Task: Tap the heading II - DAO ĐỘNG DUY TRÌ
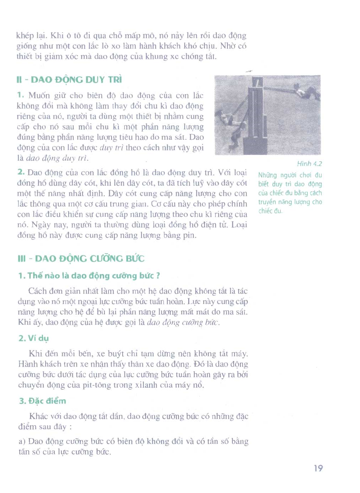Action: [69, 80]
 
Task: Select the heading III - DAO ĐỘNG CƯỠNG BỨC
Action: [81, 258]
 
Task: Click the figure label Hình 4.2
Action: [309, 164]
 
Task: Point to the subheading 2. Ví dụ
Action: [34, 338]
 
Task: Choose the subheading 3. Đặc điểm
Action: [43, 400]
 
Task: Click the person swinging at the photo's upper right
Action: [306, 91]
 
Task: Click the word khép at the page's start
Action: [25, 36]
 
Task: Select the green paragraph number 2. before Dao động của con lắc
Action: [21, 172]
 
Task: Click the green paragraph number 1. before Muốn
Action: [21, 95]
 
